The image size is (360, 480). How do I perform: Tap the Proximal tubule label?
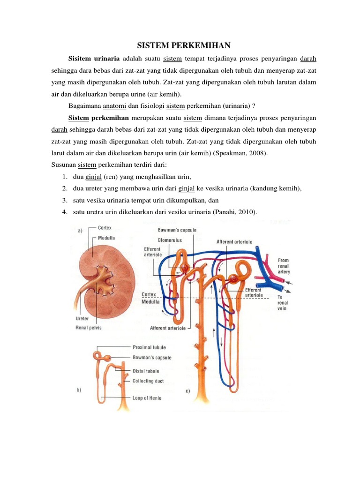point(149,347)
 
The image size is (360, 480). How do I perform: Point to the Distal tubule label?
point(145,371)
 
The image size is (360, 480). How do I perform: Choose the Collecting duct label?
point(148,381)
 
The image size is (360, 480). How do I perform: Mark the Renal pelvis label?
point(89,328)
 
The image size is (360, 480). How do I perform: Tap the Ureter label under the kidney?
point(82,318)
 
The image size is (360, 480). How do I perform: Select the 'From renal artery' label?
point(284,265)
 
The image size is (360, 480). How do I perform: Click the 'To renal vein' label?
point(283,303)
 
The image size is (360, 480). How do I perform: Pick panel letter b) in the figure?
point(79,389)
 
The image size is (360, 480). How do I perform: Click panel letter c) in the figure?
point(187,391)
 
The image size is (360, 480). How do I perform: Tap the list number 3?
point(64,201)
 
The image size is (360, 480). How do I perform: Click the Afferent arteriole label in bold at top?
point(234,242)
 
